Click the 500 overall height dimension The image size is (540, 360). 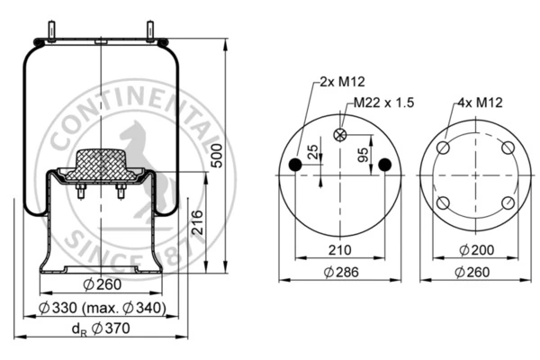click(217, 156)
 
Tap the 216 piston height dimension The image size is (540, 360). click(197, 222)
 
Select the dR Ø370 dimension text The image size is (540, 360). click(101, 328)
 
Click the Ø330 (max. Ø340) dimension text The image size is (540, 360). click(103, 308)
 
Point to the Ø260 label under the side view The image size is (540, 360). click(103, 284)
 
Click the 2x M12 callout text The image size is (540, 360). click(342, 82)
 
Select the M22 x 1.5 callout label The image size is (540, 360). click(384, 103)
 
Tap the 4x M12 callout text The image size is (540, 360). click(480, 103)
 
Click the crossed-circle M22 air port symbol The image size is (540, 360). click(340, 135)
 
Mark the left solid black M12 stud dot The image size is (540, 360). click(295, 165)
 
